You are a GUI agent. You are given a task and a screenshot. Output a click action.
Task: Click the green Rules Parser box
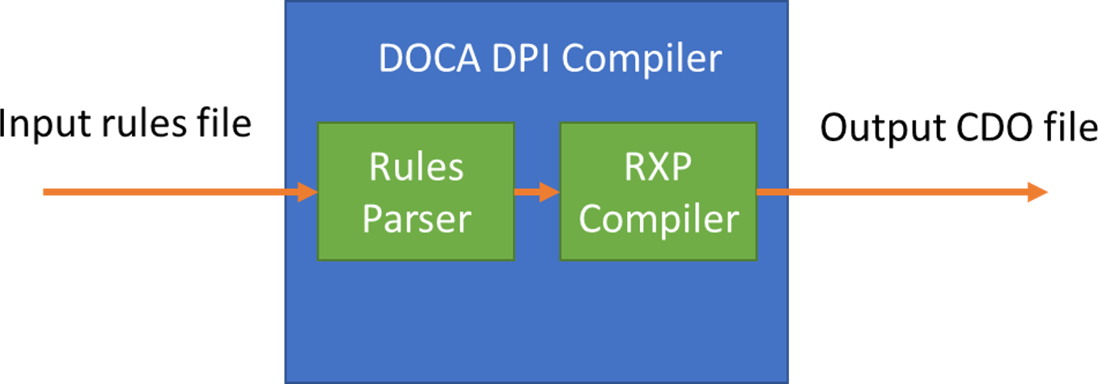click(x=416, y=191)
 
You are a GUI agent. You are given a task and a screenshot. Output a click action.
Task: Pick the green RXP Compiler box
click(x=658, y=191)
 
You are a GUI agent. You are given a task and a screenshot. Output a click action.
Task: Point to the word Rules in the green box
click(x=416, y=167)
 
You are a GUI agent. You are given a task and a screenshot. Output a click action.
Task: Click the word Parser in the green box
click(x=416, y=218)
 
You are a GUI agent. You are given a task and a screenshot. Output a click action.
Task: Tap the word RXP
click(x=658, y=167)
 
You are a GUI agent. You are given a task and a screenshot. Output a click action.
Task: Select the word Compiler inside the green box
click(x=658, y=218)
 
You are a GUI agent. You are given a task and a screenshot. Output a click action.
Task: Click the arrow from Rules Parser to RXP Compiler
click(x=536, y=192)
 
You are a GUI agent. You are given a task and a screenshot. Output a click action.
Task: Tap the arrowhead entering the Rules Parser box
click(x=307, y=192)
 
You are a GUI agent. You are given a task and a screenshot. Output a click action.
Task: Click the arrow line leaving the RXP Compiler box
click(x=890, y=192)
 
